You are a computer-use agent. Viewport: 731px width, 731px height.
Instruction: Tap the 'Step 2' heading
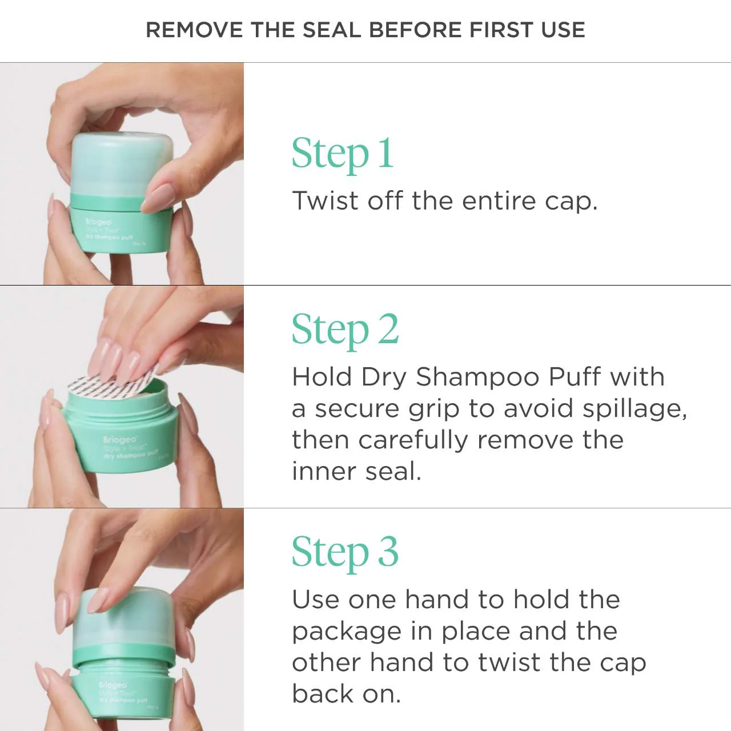[345, 330]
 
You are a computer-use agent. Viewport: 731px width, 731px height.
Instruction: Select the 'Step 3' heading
[345, 553]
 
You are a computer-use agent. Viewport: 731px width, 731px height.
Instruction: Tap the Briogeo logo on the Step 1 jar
[98, 222]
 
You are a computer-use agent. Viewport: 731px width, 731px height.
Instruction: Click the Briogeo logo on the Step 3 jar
[113, 685]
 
